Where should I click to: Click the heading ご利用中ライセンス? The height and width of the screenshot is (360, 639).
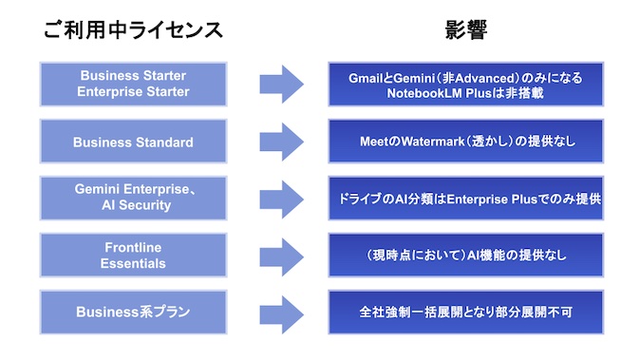(134, 29)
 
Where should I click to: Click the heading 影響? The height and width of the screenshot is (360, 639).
(466, 29)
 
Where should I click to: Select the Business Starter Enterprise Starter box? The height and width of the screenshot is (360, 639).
(133, 85)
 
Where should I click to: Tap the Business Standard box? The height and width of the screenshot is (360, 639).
(133, 142)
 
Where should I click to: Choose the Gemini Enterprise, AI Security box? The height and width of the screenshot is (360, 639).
(133, 199)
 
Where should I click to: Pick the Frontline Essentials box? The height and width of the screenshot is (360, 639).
(133, 256)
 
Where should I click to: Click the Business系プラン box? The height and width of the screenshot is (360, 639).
(133, 312)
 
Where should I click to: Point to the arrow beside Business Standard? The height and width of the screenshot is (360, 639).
(282, 142)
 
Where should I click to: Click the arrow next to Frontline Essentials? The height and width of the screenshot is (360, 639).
(282, 256)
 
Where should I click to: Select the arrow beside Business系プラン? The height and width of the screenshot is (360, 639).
(282, 312)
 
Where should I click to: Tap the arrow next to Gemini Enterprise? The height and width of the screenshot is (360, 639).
(282, 199)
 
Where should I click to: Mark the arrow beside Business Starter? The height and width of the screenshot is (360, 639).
(282, 85)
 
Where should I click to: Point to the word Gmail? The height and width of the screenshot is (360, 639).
(367, 76)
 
